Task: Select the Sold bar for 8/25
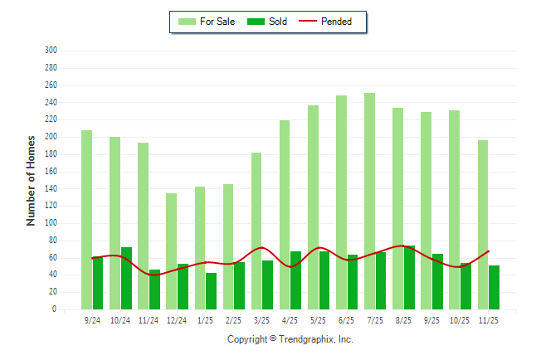(409, 277)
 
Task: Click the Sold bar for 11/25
(494, 287)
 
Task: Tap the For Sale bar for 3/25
(256, 231)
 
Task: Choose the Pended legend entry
(331, 22)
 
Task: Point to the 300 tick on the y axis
(51, 51)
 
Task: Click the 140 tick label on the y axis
(51, 188)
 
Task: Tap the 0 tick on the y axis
(54, 309)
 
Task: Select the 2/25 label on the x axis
(234, 320)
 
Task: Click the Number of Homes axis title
(32, 180)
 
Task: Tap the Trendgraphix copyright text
(290, 339)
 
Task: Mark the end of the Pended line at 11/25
(489, 251)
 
